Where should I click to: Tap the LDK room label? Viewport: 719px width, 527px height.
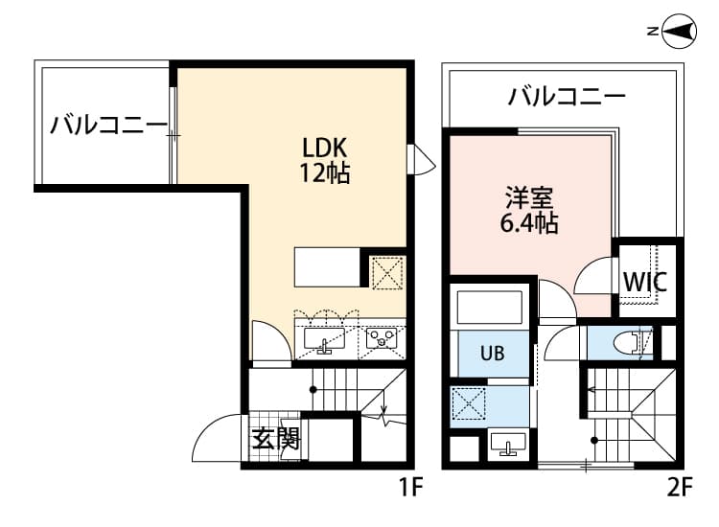[x=325, y=148]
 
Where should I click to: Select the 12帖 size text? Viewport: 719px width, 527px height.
[x=325, y=174]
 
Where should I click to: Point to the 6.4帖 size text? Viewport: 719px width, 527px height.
[x=529, y=224]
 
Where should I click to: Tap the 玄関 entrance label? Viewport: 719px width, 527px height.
[x=276, y=439]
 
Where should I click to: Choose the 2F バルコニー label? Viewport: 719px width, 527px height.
[x=567, y=96]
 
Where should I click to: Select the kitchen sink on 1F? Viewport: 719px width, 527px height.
[x=325, y=339]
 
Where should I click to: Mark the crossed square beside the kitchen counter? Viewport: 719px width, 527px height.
[x=386, y=272]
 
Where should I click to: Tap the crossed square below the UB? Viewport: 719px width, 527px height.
[x=470, y=404]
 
